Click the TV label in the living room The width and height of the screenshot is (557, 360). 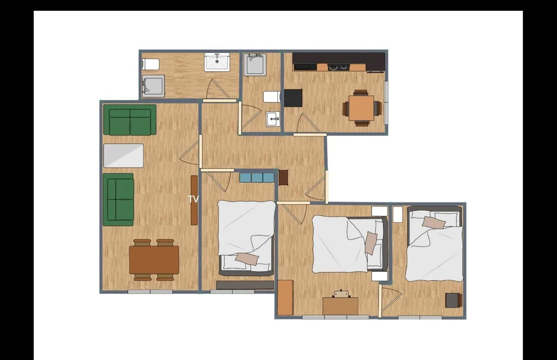point(193,199)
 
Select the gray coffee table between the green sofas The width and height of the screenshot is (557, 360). point(124,155)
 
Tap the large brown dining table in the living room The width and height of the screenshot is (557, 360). point(154,260)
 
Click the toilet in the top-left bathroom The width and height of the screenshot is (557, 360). point(151,64)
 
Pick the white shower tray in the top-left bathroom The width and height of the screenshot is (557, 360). point(217,62)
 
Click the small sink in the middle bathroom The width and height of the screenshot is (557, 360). point(273,119)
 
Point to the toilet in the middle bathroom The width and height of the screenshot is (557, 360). point(272,97)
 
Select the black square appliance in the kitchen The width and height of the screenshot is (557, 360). point(293,98)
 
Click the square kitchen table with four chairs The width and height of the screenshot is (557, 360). point(361,108)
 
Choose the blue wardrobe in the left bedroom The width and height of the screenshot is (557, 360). point(257,177)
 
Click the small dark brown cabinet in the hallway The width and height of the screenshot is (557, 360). point(283,177)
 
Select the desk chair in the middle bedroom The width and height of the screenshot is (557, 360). point(340,294)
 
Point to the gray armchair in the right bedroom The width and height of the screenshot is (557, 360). point(454,300)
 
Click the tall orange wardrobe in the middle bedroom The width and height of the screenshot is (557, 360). point(285,298)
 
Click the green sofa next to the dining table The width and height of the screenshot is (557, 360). point(118,200)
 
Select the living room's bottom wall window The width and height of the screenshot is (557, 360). point(150,291)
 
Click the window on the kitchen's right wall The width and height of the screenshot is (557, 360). point(386,103)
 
